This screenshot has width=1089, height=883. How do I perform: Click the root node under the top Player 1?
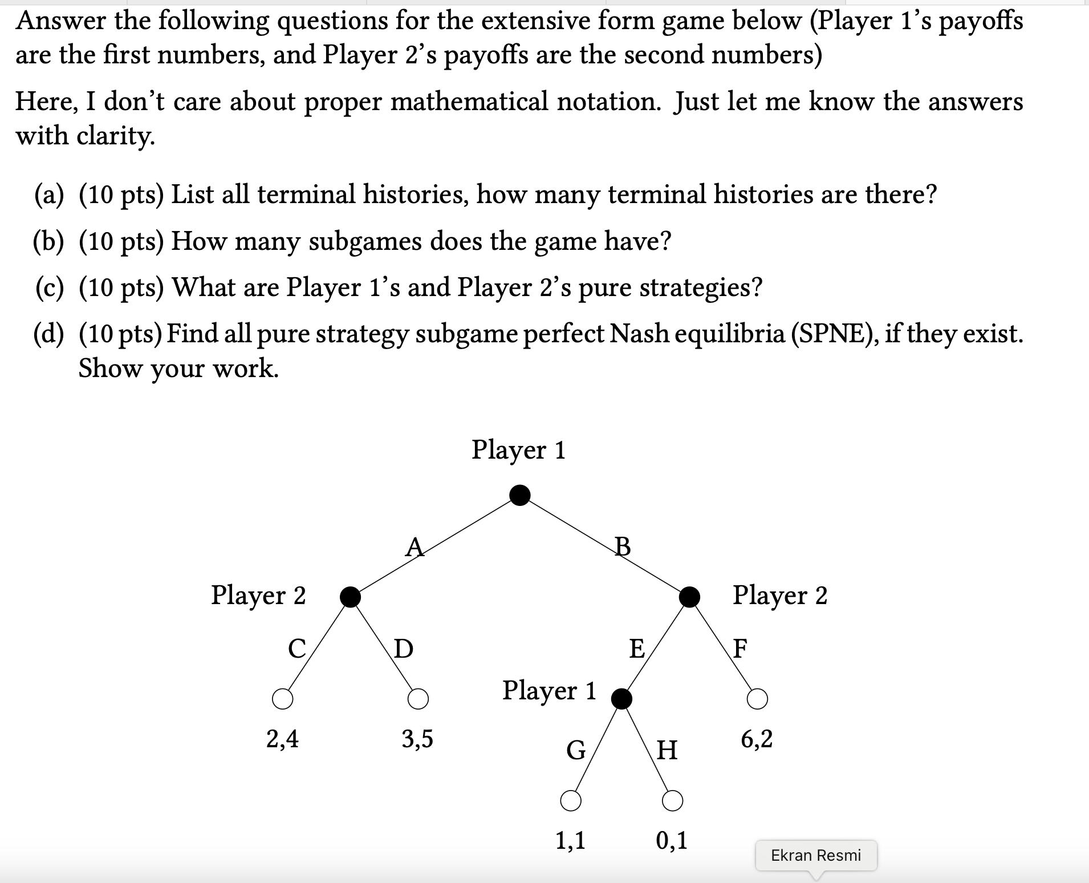tap(519, 495)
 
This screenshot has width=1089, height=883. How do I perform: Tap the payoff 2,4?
tap(282, 739)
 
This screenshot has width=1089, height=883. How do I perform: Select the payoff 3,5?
tap(417, 739)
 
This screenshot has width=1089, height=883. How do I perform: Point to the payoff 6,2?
tap(757, 739)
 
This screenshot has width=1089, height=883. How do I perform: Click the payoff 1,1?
tap(570, 840)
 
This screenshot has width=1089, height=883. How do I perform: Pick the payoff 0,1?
tap(672, 840)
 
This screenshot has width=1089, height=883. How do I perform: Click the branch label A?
tap(415, 546)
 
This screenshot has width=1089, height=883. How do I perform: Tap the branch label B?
tap(623, 546)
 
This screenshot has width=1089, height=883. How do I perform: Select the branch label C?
tap(296, 649)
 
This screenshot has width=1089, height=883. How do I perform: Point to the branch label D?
tap(404, 649)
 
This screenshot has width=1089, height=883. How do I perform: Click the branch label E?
tap(636, 649)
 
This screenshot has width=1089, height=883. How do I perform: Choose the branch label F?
tap(739, 649)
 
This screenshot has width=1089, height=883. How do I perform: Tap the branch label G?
tap(576, 750)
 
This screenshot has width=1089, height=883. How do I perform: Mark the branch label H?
tap(667, 750)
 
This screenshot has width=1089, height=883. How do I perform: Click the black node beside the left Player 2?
tap(350, 597)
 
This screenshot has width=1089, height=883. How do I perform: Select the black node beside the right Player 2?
tap(689, 597)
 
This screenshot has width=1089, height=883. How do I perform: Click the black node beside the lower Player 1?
tap(621, 698)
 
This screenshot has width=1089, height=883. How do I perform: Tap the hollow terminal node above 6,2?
tap(757, 698)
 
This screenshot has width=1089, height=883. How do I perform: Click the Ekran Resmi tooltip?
tap(816, 855)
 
